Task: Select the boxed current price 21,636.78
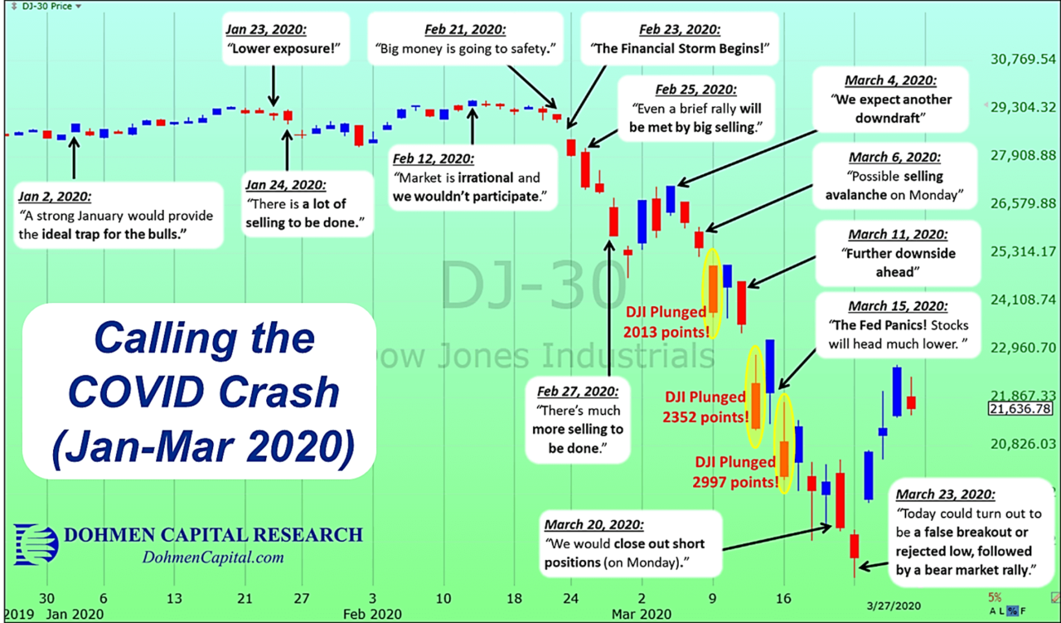pos(1020,409)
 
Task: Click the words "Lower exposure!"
pos(272,49)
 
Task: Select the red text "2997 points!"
pos(734,480)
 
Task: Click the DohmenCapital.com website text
pos(214,558)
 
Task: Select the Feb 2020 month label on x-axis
pos(371,615)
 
